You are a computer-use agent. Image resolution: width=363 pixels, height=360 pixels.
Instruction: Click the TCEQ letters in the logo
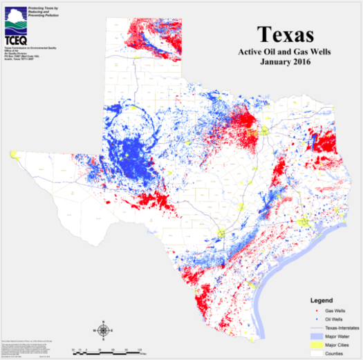(x=17, y=39)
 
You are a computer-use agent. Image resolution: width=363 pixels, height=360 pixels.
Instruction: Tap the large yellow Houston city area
(x=303, y=222)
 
